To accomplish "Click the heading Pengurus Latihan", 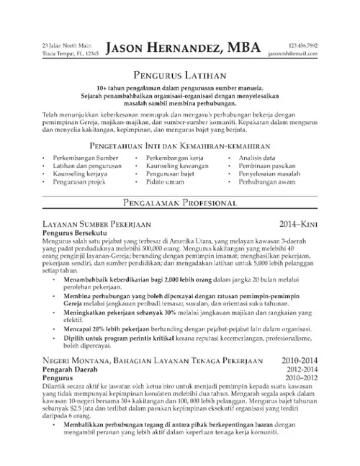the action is [x=179, y=74].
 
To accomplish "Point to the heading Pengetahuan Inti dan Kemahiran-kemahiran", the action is [x=179, y=145].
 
